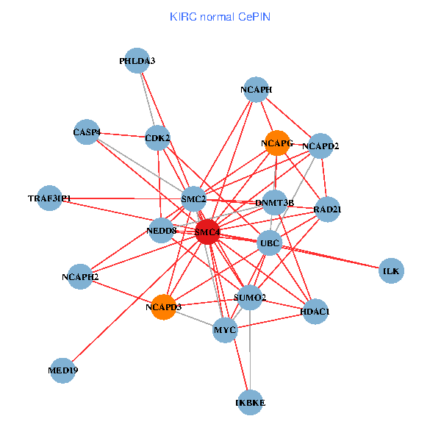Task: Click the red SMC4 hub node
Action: pos(207,232)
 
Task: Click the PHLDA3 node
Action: pos(137,60)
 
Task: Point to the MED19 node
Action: pos(63,370)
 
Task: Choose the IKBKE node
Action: pos(251,402)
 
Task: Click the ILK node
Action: pos(391,271)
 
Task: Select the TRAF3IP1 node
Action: pos(50,198)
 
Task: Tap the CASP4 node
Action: pos(87,132)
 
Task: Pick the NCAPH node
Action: pos(256,90)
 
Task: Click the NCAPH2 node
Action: pos(80,276)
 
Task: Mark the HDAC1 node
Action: pos(315,312)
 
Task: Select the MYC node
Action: pos(225,330)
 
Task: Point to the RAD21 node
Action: pos(327,209)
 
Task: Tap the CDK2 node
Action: pos(157,137)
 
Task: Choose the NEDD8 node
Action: pos(162,231)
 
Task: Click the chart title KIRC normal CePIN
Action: pos(220,16)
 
